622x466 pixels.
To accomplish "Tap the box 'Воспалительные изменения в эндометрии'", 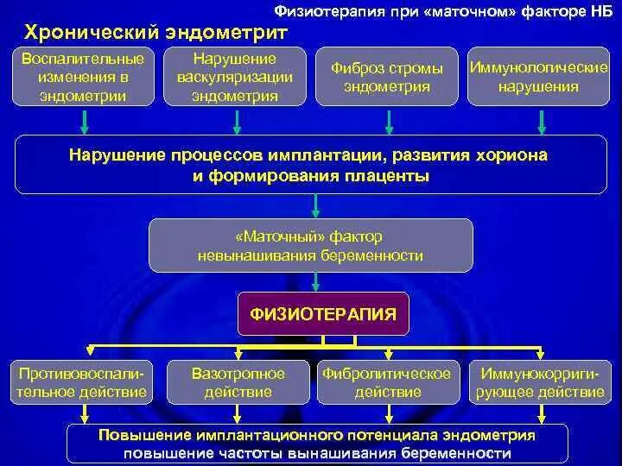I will [x=82, y=78].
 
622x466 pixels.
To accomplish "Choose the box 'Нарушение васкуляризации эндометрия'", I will [x=234, y=78].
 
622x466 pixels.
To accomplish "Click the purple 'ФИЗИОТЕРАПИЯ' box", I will [x=323, y=314].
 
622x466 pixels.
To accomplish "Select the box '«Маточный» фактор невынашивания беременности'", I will [x=311, y=246].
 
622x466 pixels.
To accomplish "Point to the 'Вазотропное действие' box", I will [x=238, y=382].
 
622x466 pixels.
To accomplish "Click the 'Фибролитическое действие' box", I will [x=386, y=382].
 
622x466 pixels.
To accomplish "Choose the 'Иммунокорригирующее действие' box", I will [x=536, y=382].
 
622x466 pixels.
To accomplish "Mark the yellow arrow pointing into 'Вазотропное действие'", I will [x=238, y=352].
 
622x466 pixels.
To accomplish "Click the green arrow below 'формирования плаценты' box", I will [x=316, y=205].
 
